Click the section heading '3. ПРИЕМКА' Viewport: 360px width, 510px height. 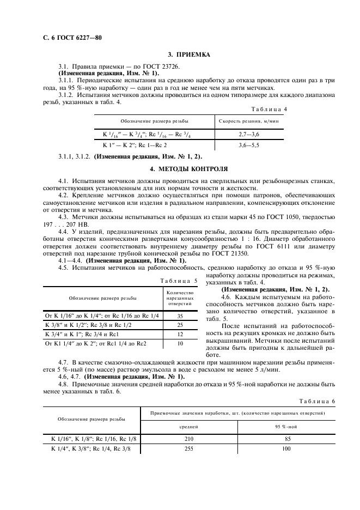(188, 55)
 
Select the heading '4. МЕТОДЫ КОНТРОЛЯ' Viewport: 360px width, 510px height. (188, 169)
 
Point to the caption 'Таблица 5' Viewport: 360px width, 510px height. (180, 281)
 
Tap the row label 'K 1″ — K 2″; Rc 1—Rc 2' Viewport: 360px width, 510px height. (135, 145)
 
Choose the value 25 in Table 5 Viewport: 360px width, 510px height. (179, 324)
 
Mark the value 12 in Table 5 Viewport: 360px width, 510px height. (179, 334)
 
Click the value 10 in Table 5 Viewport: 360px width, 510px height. (179, 344)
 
